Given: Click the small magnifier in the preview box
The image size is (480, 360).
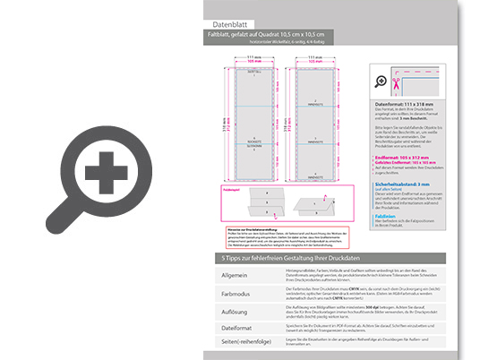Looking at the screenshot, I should [x=382, y=83].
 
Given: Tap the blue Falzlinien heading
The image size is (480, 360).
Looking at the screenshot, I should [x=386, y=216].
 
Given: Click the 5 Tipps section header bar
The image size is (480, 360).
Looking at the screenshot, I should [x=331, y=258].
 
